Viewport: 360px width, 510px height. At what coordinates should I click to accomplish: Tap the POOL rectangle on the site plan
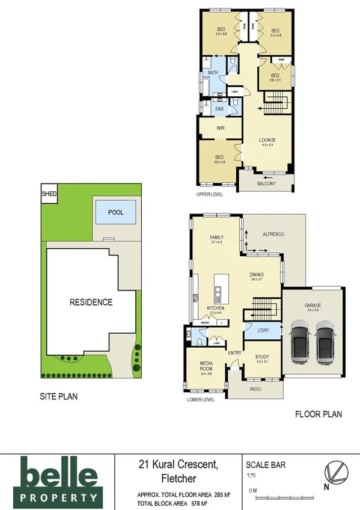[115, 213]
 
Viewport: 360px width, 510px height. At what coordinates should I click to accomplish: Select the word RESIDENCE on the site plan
[91, 302]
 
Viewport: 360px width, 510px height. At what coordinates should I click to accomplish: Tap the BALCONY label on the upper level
[266, 183]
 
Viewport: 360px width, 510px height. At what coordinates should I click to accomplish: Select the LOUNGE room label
[267, 140]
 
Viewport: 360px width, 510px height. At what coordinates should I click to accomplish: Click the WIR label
[220, 128]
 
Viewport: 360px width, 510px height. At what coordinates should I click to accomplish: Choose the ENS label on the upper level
[219, 109]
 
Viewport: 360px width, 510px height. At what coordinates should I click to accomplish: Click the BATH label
[213, 73]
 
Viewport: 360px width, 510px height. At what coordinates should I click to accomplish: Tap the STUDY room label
[261, 357]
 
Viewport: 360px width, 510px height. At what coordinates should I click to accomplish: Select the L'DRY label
[263, 331]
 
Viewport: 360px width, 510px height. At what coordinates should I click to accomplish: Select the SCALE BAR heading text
[266, 464]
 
